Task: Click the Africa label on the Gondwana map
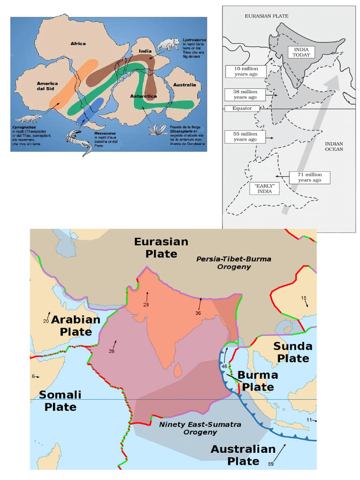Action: point(78,44)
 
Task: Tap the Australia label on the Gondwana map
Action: point(184,85)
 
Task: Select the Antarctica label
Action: point(143,96)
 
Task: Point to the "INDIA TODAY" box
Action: point(301,52)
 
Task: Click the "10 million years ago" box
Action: point(245,71)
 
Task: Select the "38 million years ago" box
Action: point(245,94)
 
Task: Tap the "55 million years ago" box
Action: point(245,136)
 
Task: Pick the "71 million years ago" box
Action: point(309,177)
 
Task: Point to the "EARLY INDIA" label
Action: point(265,188)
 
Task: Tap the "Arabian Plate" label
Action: point(75,325)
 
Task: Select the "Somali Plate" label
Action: point(60,401)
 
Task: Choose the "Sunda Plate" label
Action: point(292,352)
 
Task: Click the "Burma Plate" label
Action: point(257,381)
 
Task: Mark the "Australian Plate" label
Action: point(243,455)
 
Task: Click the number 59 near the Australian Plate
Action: point(271,464)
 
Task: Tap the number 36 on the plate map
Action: point(198,313)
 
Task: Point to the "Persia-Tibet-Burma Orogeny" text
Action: point(234,262)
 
